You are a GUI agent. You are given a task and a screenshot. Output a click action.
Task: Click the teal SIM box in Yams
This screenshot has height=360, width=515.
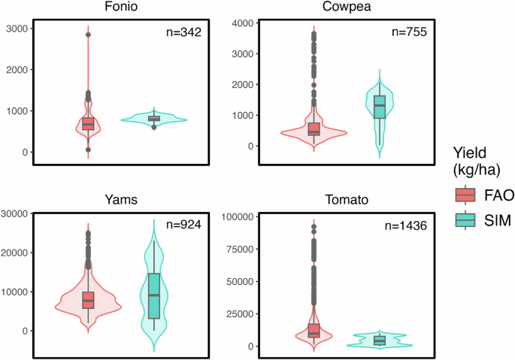153,296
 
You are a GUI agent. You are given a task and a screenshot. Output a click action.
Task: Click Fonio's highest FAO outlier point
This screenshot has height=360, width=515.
88,35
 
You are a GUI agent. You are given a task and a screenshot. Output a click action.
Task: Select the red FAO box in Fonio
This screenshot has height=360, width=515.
88,123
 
